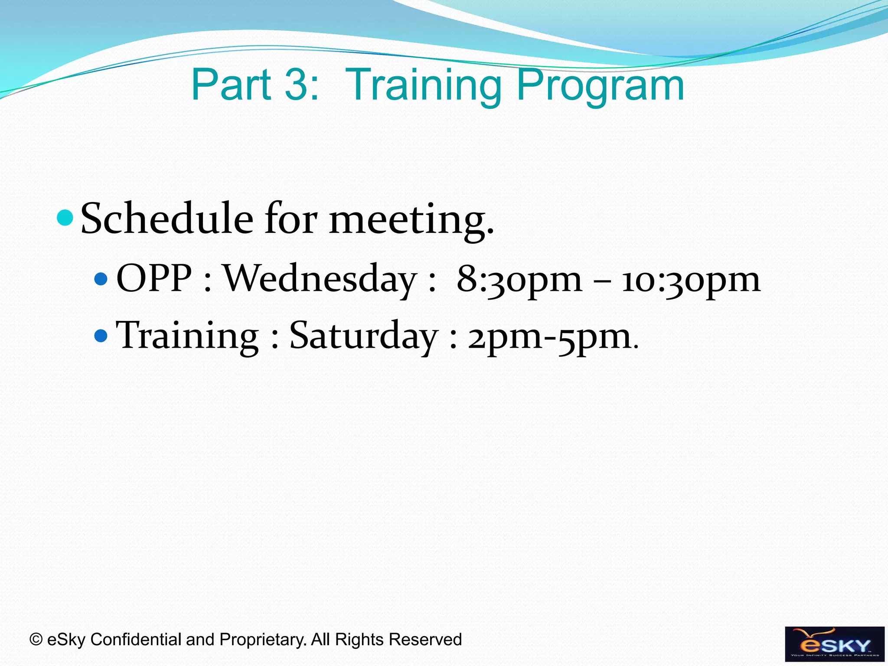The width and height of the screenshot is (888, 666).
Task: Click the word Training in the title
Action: tap(424, 86)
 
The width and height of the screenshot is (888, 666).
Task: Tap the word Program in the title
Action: tap(600, 86)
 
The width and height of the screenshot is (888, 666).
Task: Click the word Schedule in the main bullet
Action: tap(167, 219)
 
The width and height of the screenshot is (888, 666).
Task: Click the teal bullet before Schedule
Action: tap(65, 218)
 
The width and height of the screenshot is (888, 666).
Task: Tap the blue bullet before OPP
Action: tap(101, 278)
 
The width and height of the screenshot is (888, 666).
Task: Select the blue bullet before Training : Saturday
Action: tap(101, 335)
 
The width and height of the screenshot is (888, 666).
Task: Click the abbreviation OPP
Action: tap(154, 278)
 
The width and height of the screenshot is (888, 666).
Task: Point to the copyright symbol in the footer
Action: tap(36, 640)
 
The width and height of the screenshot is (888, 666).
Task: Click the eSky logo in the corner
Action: tap(834, 644)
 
